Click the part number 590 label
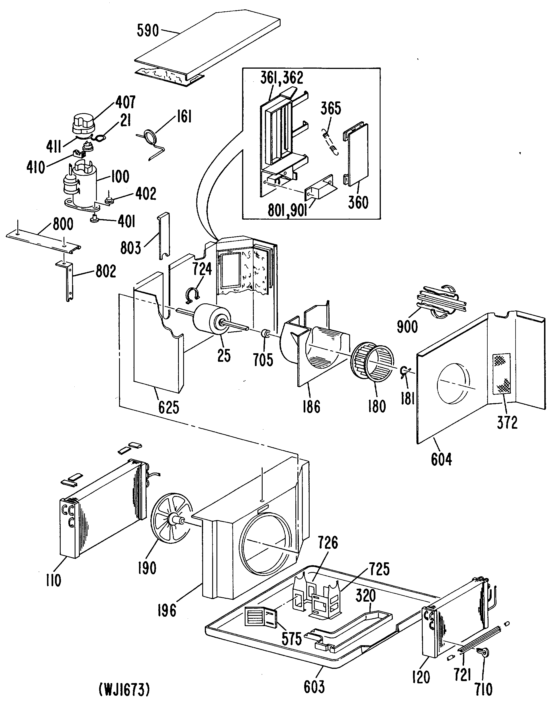(x=148, y=31)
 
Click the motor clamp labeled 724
(x=192, y=294)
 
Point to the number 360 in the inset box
(x=358, y=203)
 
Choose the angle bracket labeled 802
(x=69, y=280)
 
